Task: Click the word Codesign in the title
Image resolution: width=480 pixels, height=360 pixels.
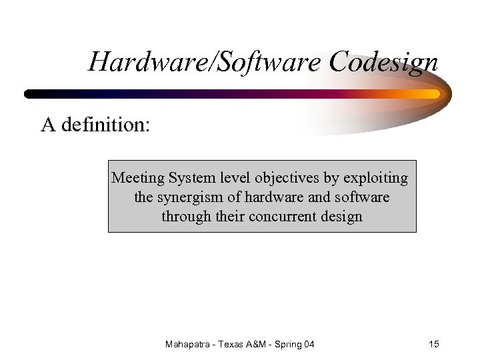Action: (383, 63)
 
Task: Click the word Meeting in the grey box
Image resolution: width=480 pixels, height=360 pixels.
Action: (138, 178)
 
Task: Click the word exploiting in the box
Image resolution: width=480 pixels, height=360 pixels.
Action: (375, 178)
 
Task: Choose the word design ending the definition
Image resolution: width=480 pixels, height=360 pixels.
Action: (341, 217)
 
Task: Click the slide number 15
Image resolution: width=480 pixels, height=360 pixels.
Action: (434, 344)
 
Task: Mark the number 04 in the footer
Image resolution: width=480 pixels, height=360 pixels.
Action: (309, 344)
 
